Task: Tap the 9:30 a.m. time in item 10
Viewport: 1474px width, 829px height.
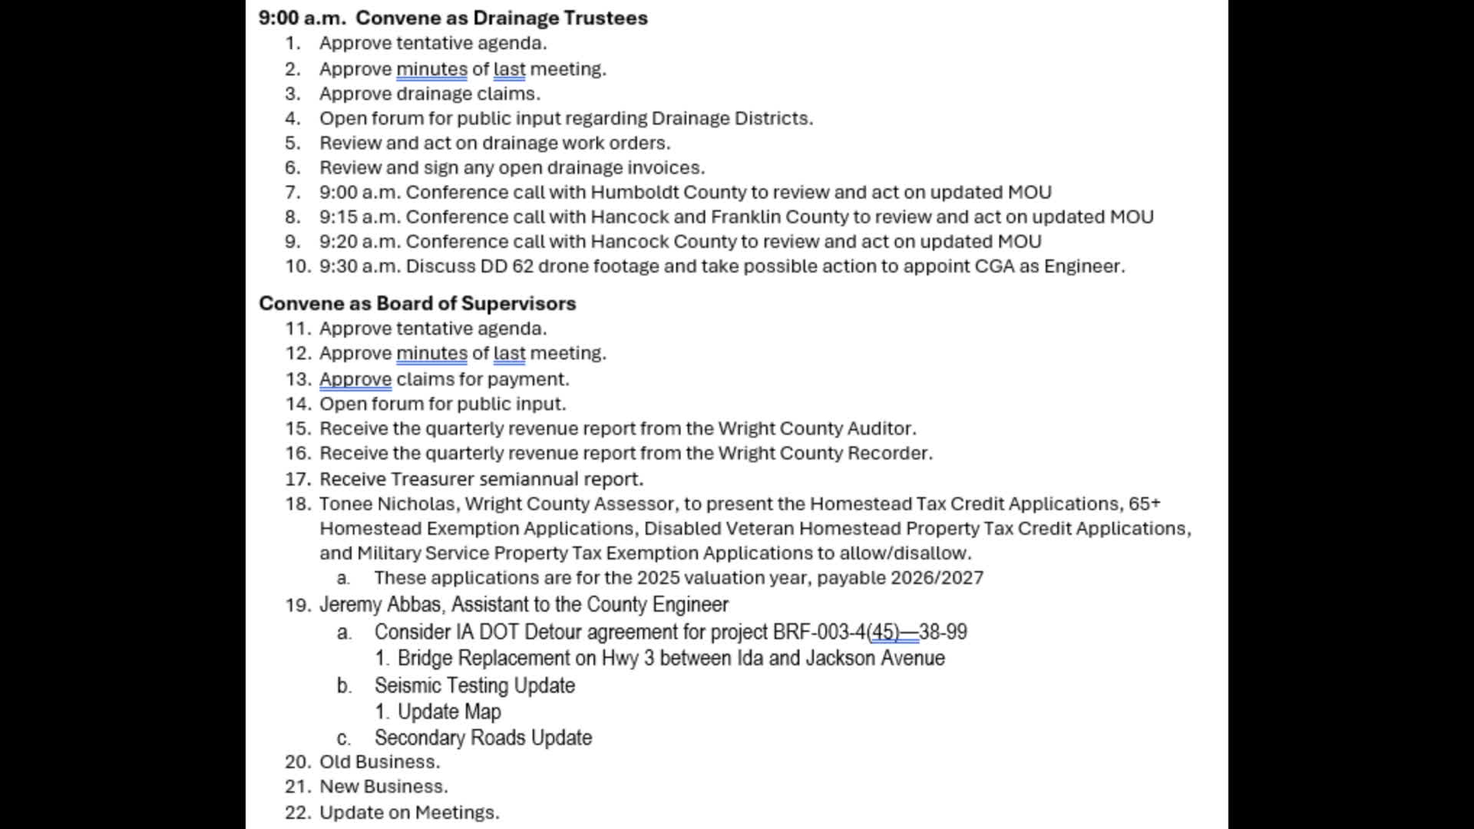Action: click(360, 266)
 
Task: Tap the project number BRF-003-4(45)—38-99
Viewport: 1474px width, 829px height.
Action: click(869, 632)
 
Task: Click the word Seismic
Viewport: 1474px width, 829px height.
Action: click(408, 685)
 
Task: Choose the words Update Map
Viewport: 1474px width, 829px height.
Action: click(449, 712)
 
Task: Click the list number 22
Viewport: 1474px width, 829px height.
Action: click(297, 812)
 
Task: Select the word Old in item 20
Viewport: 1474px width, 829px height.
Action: click(335, 761)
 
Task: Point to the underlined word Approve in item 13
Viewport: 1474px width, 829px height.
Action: click(355, 379)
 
